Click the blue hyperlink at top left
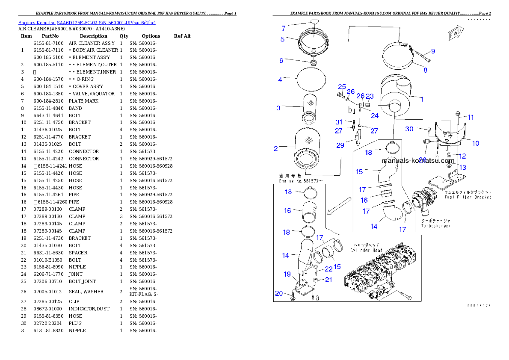(x=87, y=22)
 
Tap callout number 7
(x=283, y=29)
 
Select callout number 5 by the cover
(x=282, y=39)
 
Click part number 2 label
(x=276, y=148)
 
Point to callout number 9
(x=433, y=51)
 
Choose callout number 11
(x=471, y=117)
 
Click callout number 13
(x=463, y=168)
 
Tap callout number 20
(x=279, y=293)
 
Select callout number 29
(x=340, y=145)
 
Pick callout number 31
(x=339, y=122)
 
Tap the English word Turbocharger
(x=435, y=225)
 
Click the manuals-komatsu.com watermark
(x=418, y=161)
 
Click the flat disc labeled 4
(x=311, y=80)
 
